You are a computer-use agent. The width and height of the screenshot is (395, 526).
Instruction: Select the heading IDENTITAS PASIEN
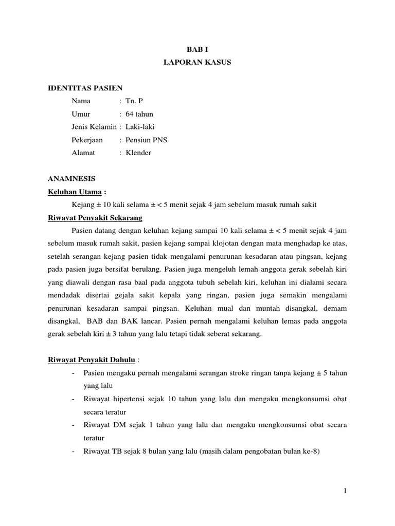(85, 88)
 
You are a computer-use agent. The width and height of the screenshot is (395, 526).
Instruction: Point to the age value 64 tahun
(139, 114)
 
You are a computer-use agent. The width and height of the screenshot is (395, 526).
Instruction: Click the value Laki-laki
(139, 127)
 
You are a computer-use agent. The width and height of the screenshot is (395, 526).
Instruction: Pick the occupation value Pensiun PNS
(146, 140)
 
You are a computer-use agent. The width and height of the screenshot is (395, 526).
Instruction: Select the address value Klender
(138, 153)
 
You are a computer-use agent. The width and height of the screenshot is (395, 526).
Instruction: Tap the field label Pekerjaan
(87, 140)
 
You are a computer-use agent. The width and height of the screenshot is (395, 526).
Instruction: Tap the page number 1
(345, 491)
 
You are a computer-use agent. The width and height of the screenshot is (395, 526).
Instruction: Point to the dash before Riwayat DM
(75, 425)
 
